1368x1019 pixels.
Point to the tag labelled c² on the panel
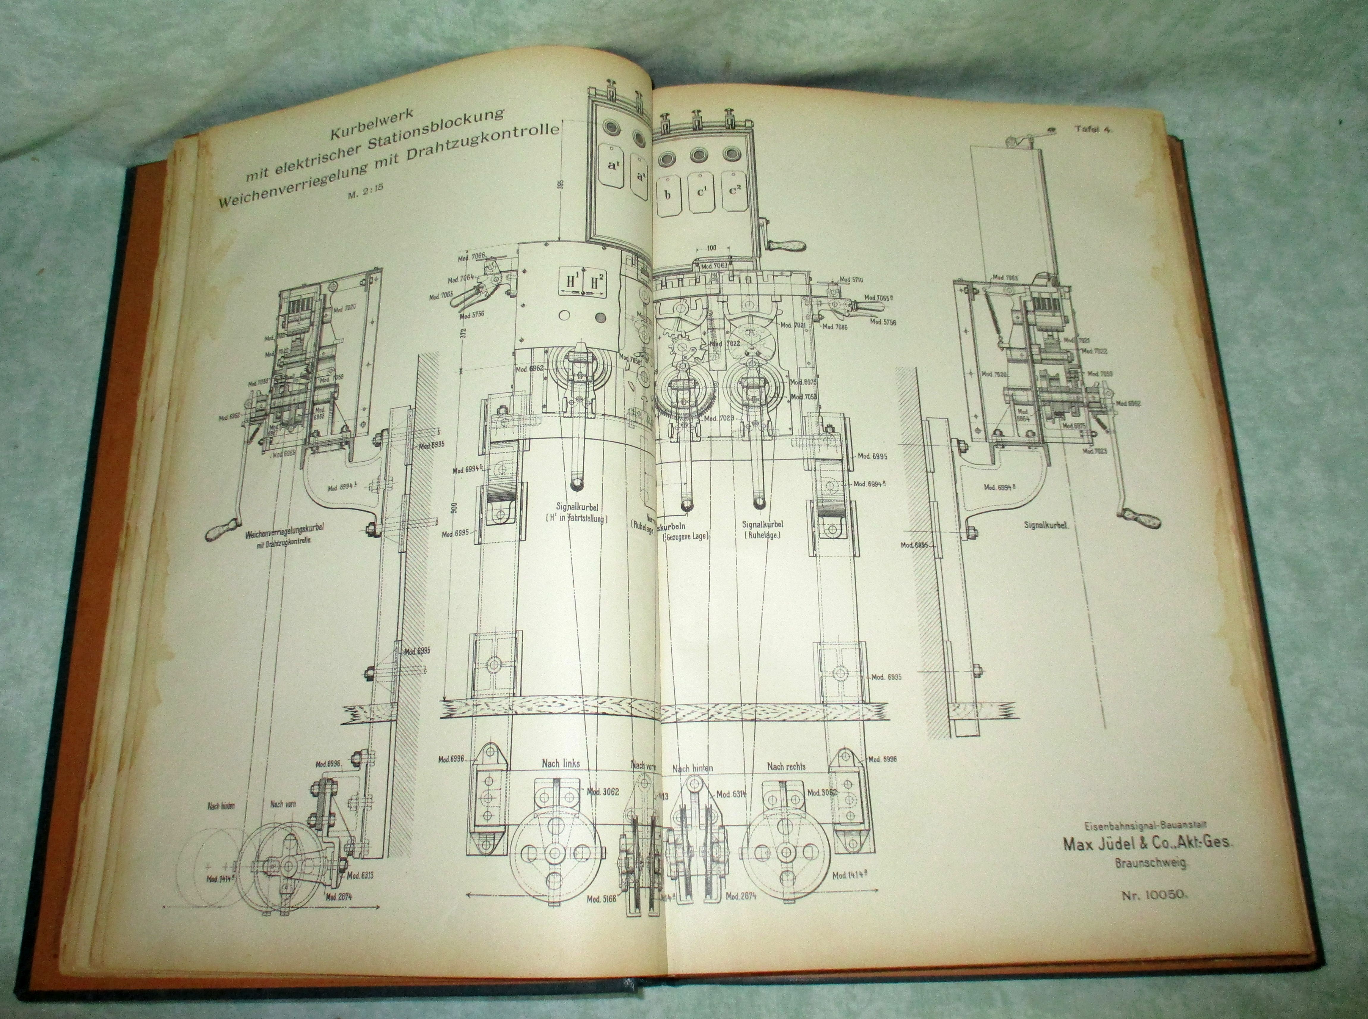coord(734,191)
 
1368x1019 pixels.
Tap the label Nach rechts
coord(786,766)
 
